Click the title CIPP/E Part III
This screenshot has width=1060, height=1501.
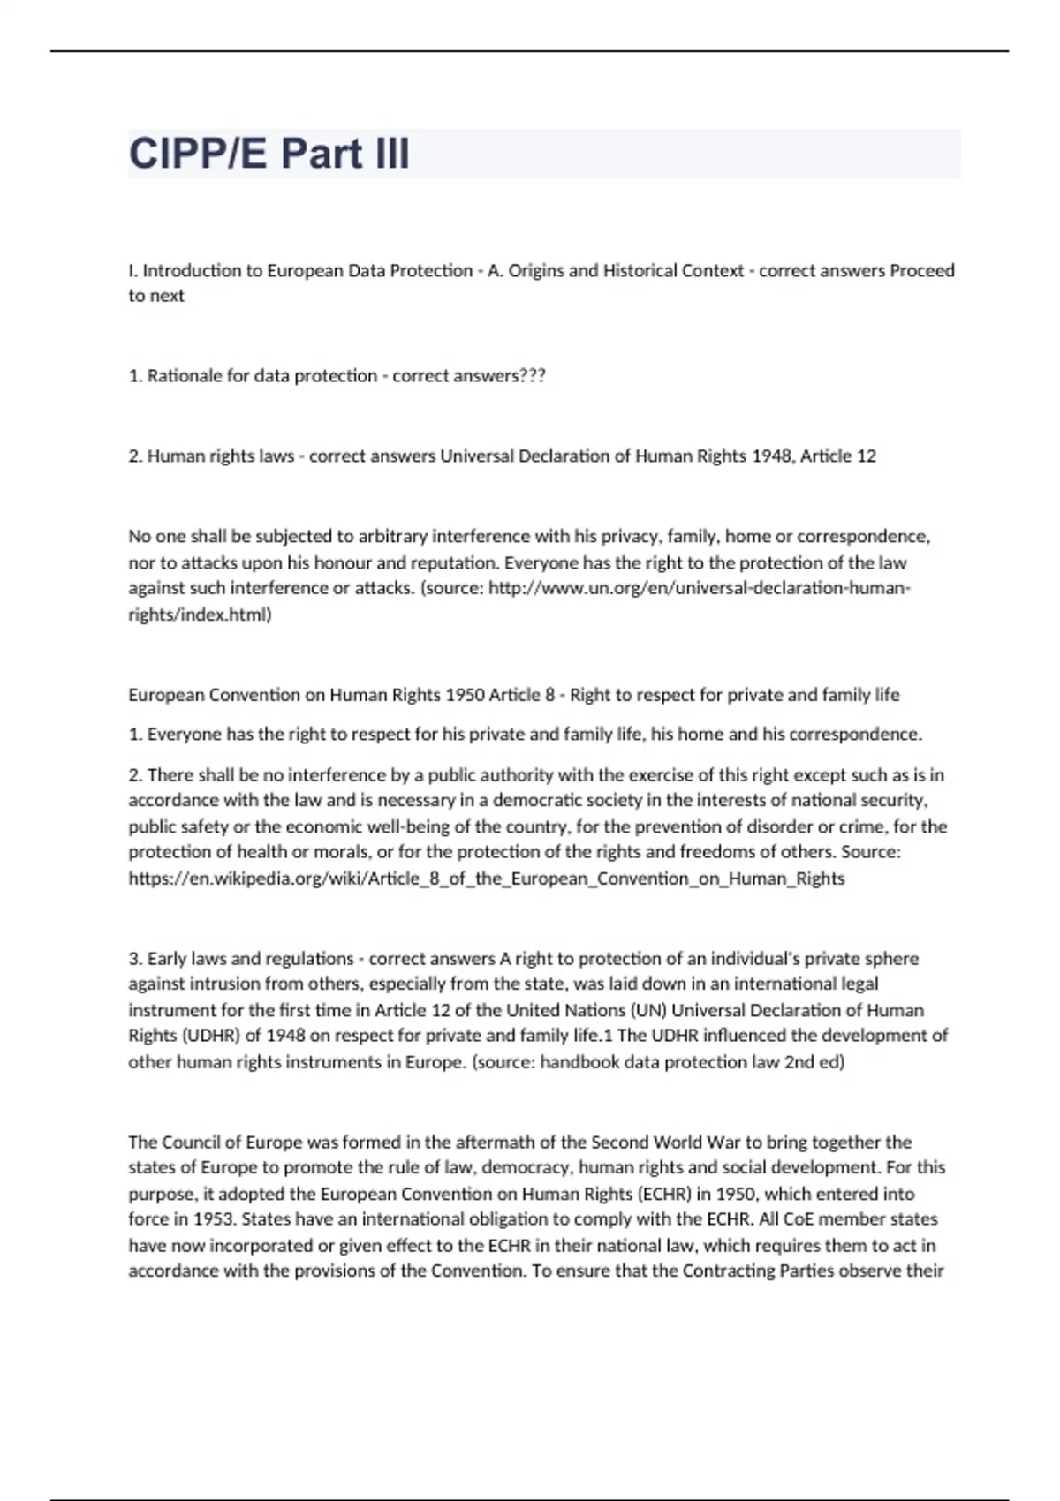click(x=269, y=154)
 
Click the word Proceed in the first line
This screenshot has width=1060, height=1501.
click(x=921, y=271)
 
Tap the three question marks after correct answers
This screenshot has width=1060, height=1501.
click(x=533, y=376)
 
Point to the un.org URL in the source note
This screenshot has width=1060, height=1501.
click(x=698, y=588)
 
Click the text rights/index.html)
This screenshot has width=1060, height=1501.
click(x=200, y=615)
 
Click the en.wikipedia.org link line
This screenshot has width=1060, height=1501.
click(x=486, y=879)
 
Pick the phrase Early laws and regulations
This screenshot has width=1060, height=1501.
click(x=250, y=959)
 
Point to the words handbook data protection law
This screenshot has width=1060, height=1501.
click(x=659, y=1062)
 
